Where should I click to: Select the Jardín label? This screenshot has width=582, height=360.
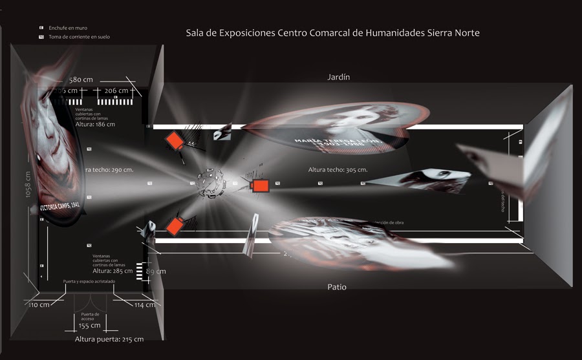coord(339,77)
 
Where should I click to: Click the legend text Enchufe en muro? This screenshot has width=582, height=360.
coord(68,28)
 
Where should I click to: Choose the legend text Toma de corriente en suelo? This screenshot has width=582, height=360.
coord(79,37)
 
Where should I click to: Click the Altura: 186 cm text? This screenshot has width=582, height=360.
coord(95,124)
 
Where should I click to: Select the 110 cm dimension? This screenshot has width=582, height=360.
coord(39,304)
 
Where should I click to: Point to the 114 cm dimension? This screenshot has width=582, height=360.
coord(144,305)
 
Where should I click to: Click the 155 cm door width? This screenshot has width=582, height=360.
coord(90,326)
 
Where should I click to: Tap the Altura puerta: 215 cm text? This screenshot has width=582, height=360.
coord(109,339)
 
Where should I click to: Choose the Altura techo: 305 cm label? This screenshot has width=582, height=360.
coord(338,169)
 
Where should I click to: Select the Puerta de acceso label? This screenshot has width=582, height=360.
coord(90,316)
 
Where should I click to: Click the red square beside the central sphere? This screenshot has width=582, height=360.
coord(260,185)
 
